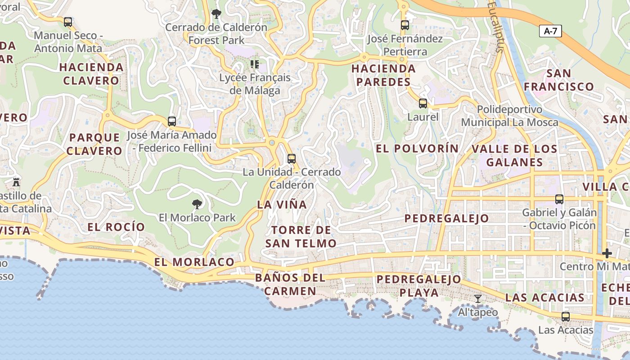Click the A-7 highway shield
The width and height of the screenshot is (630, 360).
pyautogui.click(x=550, y=31)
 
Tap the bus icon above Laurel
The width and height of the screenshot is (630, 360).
pyautogui.click(x=423, y=103)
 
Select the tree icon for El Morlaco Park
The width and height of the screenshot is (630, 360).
pyautogui.click(x=197, y=204)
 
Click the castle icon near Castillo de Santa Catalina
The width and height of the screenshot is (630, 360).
pyautogui.click(x=17, y=182)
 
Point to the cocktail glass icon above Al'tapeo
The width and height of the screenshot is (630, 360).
pyautogui.click(x=478, y=299)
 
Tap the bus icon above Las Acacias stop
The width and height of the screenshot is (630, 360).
pyautogui.click(x=566, y=317)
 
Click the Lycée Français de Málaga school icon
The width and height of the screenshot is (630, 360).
pyautogui.click(x=255, y=64)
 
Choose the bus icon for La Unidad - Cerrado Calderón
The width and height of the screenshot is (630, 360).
pyautogui.click(x=292, y=158)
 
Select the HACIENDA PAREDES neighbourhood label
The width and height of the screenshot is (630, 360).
pyautogui.click(x=383, y=75)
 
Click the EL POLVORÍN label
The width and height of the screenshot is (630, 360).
pyautogui.click(x=417, y=148)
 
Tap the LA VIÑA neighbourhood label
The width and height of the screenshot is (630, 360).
pyautogui.click(x=282, y=204)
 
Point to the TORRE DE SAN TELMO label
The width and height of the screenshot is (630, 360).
pyautogui.click(x=301, y=237)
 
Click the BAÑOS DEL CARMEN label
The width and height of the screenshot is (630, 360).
pyautogui.click(x=290, y=284)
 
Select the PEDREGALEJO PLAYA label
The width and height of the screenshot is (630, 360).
pyautogui.click(x=419, y=286)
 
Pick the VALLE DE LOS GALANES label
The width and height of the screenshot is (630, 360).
pyautogui.click(x=514, y=155)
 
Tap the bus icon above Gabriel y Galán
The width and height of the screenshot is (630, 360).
pyautogui.click(x=559, y=199)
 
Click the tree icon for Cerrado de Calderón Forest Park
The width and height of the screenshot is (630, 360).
pyautogui.click(x=216, y=14)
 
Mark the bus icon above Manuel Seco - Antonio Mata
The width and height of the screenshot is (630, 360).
pyautogui.click(x=68, y=22)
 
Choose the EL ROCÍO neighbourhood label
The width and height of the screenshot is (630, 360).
pyautogui.click(x=116, y=227)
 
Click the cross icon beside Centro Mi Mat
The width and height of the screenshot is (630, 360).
pyautogui.click(x=607, y=253)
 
